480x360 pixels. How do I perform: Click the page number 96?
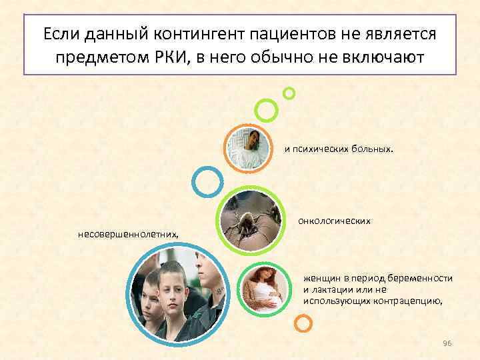(x=447, y=343)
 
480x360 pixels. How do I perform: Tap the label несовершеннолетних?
(x=128, y=234)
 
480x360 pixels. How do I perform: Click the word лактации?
(x=331, y=289)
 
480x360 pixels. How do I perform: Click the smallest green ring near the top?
(x=289, y=93)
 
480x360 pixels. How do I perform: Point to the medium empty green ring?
(x=266, y=110)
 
